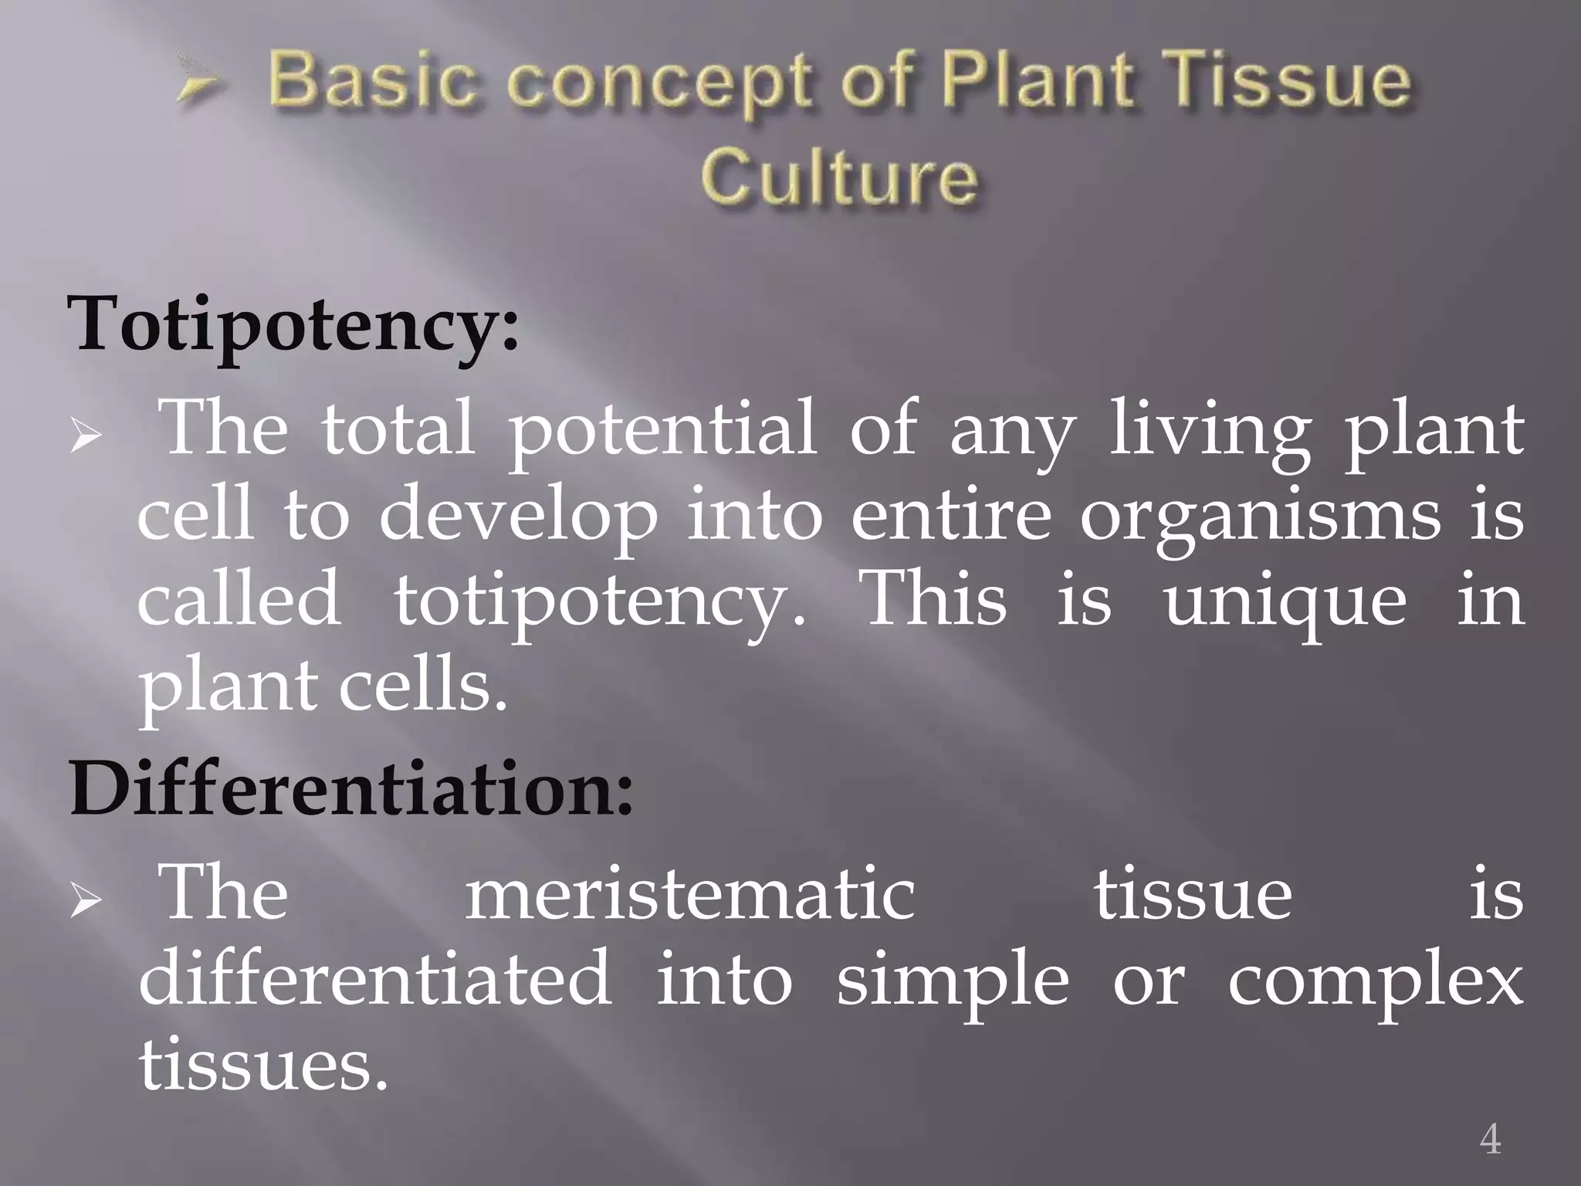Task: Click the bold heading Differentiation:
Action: (x=351, y=789)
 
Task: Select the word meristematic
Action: (x=689, y=896)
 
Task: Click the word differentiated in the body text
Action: (x=375, y=980)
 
